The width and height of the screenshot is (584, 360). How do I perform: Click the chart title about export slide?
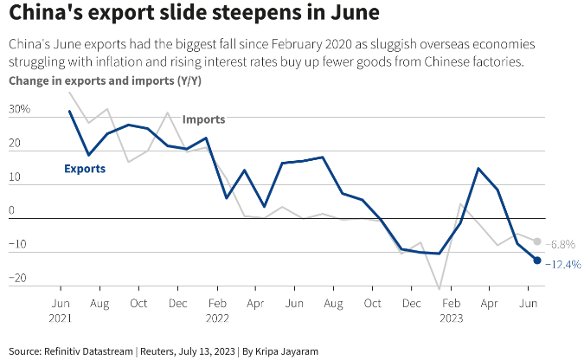coord(176,15)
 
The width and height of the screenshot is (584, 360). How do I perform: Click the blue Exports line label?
coord(85,169)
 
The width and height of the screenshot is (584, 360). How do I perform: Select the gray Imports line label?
coord(203,119)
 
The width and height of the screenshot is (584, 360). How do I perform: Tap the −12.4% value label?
coord(563,265)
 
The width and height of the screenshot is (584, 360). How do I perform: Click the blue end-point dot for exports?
coord(537,260)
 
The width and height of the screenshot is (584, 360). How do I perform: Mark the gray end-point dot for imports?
coord(537,241)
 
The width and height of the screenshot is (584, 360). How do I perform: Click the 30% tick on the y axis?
coord(19,110)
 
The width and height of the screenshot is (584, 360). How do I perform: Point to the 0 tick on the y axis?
coord(12,211)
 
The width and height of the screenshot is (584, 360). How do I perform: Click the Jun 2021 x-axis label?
coord(61,311)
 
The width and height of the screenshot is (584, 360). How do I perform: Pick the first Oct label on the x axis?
coord(139,304)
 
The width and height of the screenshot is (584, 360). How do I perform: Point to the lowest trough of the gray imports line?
coord(440,289)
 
